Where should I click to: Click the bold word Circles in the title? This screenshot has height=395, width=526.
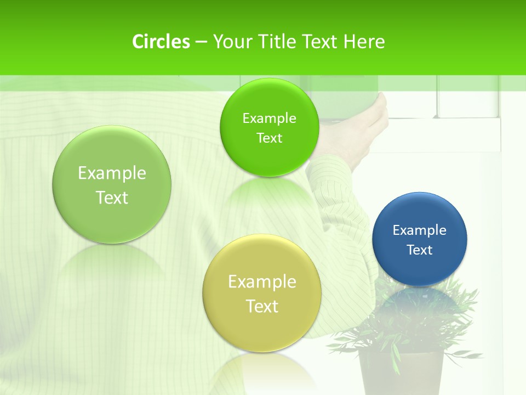[161, 42]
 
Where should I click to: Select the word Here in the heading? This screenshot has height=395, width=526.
[364, 42]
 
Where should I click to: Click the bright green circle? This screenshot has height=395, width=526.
[268, 127]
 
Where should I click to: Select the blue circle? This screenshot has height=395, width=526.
[420, 239]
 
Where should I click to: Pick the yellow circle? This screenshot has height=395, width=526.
[262, 293]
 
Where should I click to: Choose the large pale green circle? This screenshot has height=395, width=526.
[112, 184]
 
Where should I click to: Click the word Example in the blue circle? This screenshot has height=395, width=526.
[420, 230]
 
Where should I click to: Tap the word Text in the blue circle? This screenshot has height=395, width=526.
[420, 250]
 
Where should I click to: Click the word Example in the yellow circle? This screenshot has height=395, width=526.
[262, 281]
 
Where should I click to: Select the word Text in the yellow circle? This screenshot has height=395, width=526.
[262, 306]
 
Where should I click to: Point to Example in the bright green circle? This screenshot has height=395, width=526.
[269, 118]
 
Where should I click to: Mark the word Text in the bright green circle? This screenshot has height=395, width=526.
[269, 138]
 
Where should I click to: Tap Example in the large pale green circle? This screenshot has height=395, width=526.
[112, 173]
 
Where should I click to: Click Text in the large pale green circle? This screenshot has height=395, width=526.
[112, 198]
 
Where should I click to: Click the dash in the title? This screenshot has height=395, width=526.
[201, 42]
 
